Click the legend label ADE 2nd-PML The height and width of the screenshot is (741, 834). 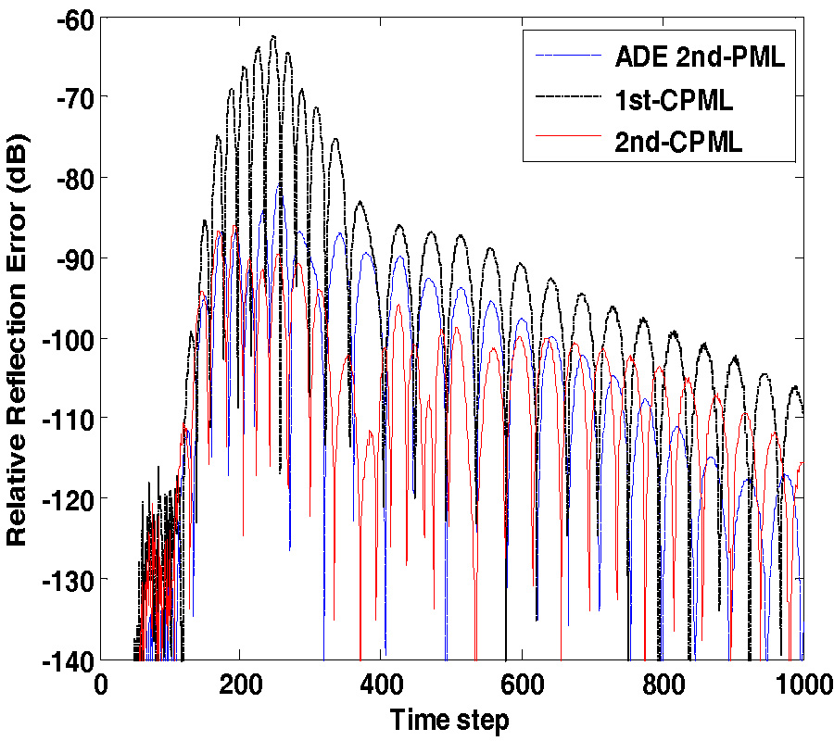pyautogui.click(x=700, y=57)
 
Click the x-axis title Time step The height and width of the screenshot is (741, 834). pyautogui.click(x=449, y=720)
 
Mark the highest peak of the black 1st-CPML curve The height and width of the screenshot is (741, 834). pyautogui.click(x=272, y=36)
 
